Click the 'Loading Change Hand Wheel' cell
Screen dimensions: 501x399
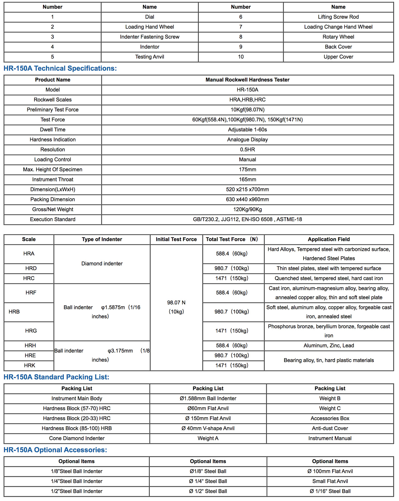(x=338, y=27)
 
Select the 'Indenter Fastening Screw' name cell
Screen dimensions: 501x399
(x=150, y=37)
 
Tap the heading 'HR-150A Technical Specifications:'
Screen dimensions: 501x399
(x=60, y=68)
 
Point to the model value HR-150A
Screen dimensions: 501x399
(x=247, y=90)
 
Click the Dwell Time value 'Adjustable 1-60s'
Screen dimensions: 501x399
(x=247, y=130)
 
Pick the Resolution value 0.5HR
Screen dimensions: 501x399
(x=247, y=150)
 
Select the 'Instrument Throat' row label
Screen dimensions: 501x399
(x=53, y=179)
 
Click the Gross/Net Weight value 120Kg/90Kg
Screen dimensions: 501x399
(x=247, y=209)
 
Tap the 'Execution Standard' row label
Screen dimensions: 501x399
(x=53, y=219)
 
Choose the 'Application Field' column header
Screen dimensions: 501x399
(x=329, y=239)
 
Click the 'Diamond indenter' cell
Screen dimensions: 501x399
(x=102, y=263)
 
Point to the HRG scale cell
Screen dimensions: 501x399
(x=31, y=331)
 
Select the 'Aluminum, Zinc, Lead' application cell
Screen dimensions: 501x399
(x=329, y=345)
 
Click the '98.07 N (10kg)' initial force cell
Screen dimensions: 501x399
(x=176, y=307)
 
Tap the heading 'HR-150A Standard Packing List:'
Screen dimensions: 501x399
(x=56, y=377)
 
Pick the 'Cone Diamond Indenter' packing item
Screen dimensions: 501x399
(x=77, y=438)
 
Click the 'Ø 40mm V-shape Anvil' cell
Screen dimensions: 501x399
(x=208, y=428)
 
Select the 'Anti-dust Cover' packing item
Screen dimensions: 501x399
(x=330, y=428)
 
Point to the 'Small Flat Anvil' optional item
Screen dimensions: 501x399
(x=330, y=481)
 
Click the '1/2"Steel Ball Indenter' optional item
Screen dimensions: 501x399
(x=77, y=491)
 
